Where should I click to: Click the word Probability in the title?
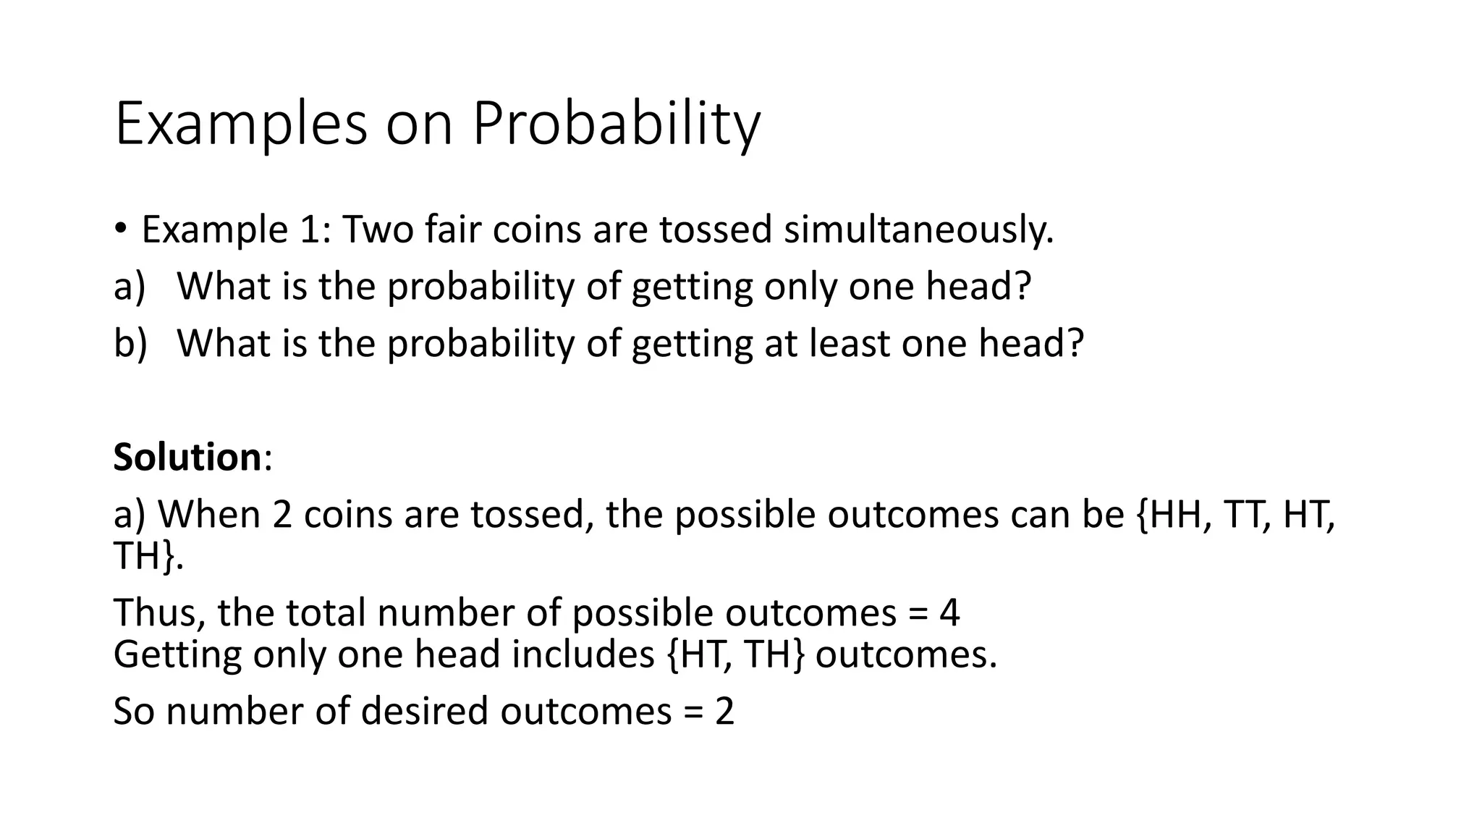pos(616,125)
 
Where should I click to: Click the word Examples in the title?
pos(241,125)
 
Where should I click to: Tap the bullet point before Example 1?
pos(120,229)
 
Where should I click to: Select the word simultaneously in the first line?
pos(918,230)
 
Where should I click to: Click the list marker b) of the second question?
pos(130,343)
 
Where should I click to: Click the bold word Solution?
pos(187,458)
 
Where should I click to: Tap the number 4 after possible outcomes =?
pos(949,612)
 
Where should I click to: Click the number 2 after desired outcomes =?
pos(724,711)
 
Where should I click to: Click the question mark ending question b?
pos(1074,343)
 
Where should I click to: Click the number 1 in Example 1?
pos(313,230)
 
